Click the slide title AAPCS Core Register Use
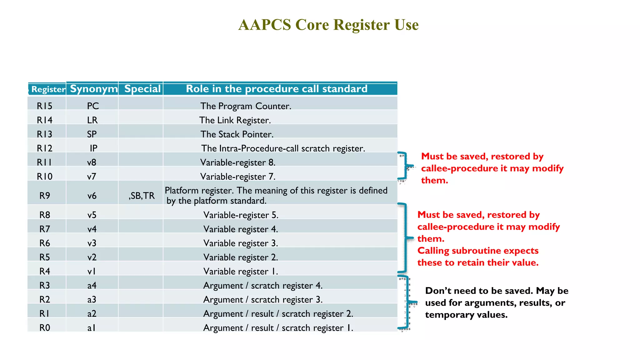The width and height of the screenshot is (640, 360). (x=328, y=25)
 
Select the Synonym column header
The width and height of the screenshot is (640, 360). (x=93, y=89)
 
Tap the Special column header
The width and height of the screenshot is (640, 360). (x=142, y=89)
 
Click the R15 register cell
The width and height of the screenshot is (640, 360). (x=44, y=106)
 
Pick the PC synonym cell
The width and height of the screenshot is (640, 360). (x=93, y=106)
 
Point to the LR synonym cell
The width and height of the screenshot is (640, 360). (x=92, y=120)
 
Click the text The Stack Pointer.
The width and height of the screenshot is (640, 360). (x=237, y=134)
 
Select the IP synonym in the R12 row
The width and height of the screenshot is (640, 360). (x=93, y=148)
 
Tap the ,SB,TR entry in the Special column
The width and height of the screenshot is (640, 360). (x=142, y=196)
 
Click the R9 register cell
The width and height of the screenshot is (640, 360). (x=45, y=196)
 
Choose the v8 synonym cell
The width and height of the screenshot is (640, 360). (x=92, y=162)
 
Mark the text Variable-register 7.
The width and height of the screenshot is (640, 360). (x=238, y=177)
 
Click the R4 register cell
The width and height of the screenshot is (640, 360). (x=45, y=271)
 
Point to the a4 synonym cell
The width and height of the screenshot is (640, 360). (x=92, y=285)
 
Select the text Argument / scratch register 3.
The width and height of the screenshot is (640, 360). (x=263, y=299)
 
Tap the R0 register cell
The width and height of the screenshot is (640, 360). (x=45, y=327)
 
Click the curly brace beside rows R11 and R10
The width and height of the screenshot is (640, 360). (x=405, y=166)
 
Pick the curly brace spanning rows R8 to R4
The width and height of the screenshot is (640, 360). (x=405, y=237)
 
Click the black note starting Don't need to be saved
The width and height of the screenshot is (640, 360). (x=497, y=302)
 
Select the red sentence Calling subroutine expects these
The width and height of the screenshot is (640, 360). (x=478, y=257)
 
